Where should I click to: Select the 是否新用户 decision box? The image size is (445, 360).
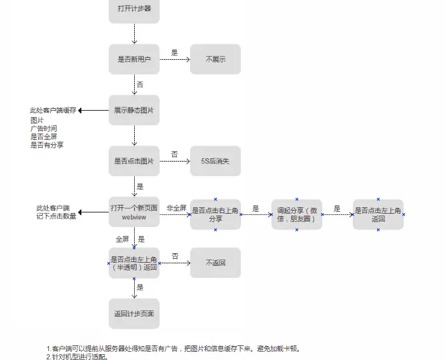(133, 59)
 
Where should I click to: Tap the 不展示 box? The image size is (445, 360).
(216, 59)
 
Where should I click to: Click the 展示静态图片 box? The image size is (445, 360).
(133, 110)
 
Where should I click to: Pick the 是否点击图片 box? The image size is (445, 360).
(133, 161)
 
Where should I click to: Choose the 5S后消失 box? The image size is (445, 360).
(216, 161)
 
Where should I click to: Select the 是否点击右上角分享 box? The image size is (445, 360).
(216, 214)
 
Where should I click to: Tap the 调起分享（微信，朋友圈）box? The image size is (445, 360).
(297, 214)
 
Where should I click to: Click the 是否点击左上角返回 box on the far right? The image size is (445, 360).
(378, 214)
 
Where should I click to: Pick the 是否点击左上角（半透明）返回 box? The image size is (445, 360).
(133, 263)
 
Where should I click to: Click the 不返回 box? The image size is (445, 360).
(216, 263)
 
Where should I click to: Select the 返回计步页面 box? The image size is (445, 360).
(133, 314)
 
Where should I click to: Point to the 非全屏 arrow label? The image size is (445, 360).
(176, 207)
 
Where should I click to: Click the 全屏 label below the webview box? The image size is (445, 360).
(122, 239)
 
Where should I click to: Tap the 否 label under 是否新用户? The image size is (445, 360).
(140, 84)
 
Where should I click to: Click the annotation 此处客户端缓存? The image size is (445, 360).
(53, 110)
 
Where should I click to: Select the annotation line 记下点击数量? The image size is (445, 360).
(56, 216)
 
